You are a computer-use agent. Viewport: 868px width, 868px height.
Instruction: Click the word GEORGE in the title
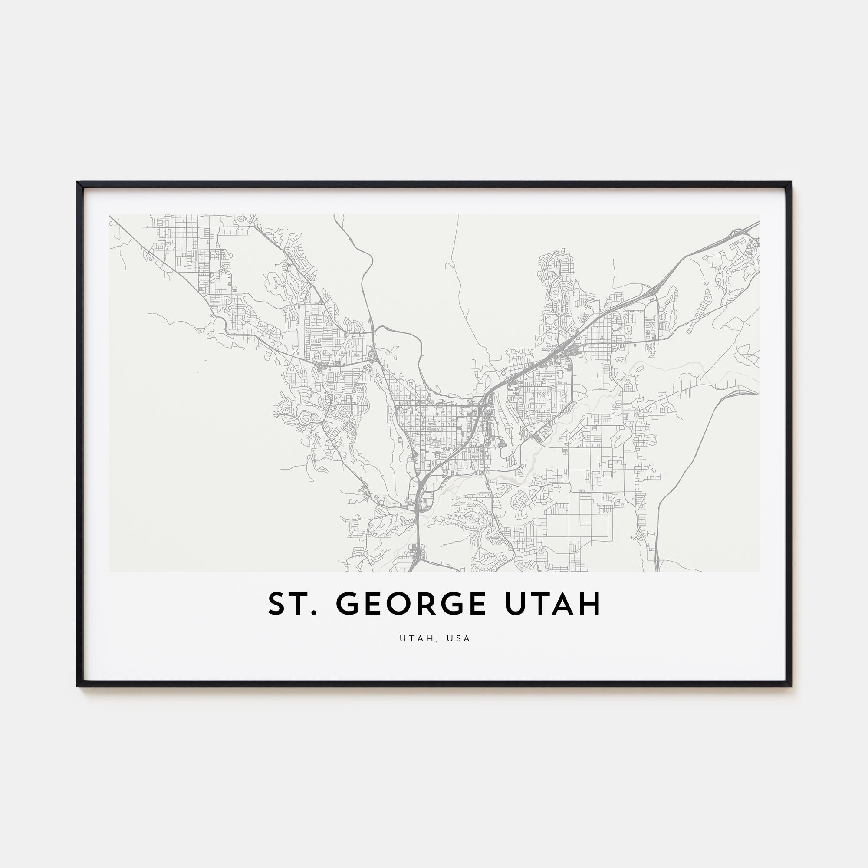411,603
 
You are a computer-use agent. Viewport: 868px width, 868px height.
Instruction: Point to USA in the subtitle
459,638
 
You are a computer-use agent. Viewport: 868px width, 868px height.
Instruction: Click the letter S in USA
459,638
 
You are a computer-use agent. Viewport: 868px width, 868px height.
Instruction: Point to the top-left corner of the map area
109,215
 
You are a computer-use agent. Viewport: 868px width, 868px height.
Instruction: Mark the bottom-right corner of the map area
760,572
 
